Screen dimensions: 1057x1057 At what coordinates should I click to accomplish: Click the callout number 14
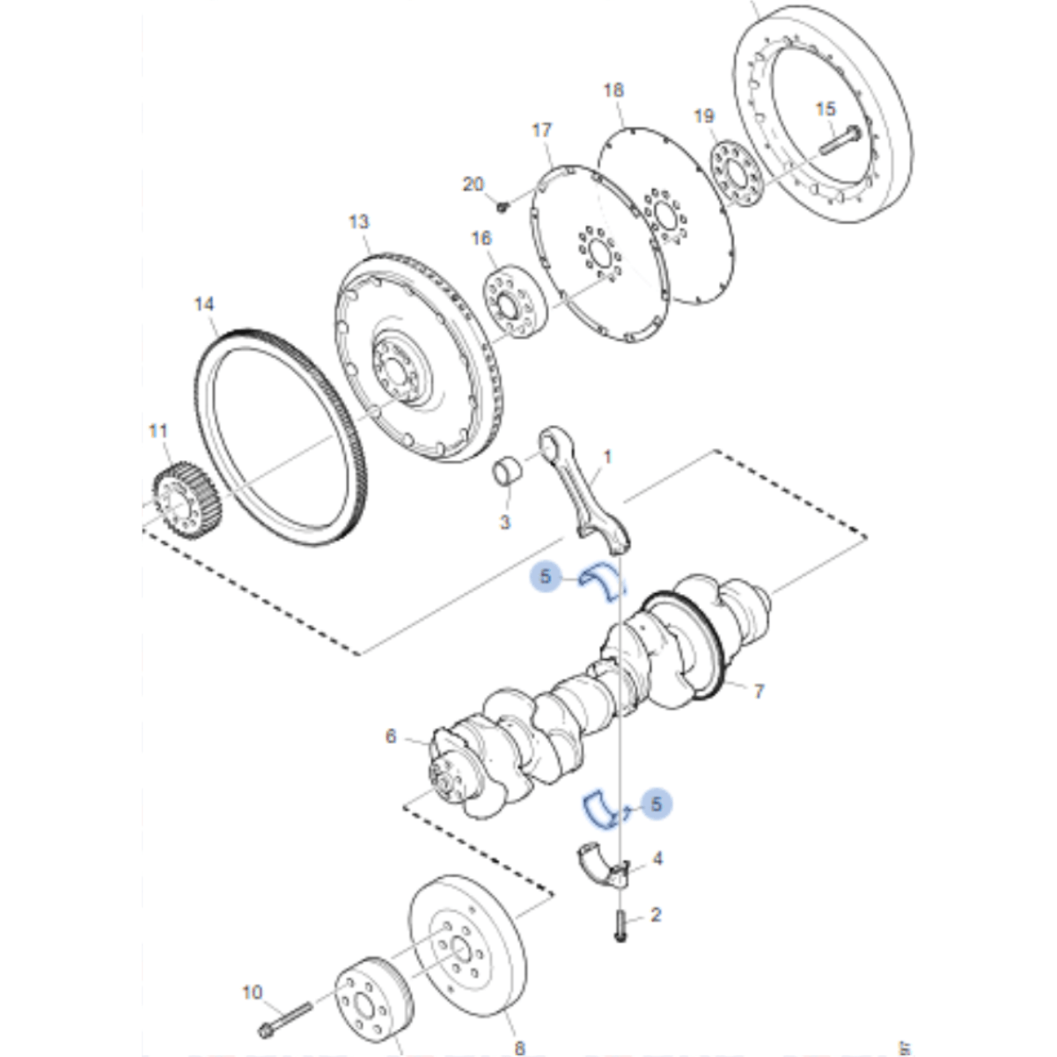pos(204,305)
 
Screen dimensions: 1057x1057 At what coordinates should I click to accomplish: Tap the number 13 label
pos(359,222)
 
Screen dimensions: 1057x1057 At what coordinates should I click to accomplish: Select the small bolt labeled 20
pos(503,207)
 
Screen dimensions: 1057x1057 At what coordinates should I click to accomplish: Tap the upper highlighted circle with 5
pos(546,577)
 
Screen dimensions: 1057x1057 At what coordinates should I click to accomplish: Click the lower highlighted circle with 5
pos(656,804)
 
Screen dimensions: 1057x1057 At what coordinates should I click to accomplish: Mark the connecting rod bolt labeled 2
pos(620,925)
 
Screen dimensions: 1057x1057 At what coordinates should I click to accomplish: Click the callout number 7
pos(760,692)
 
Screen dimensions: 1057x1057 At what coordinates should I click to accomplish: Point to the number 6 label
pos(391,736)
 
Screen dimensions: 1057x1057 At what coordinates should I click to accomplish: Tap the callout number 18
pos(613,90)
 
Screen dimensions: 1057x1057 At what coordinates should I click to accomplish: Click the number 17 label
pos(542,130)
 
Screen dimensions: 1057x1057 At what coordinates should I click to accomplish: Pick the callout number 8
pos(519,1047)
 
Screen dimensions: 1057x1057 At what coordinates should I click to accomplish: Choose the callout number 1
pos(606,458)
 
